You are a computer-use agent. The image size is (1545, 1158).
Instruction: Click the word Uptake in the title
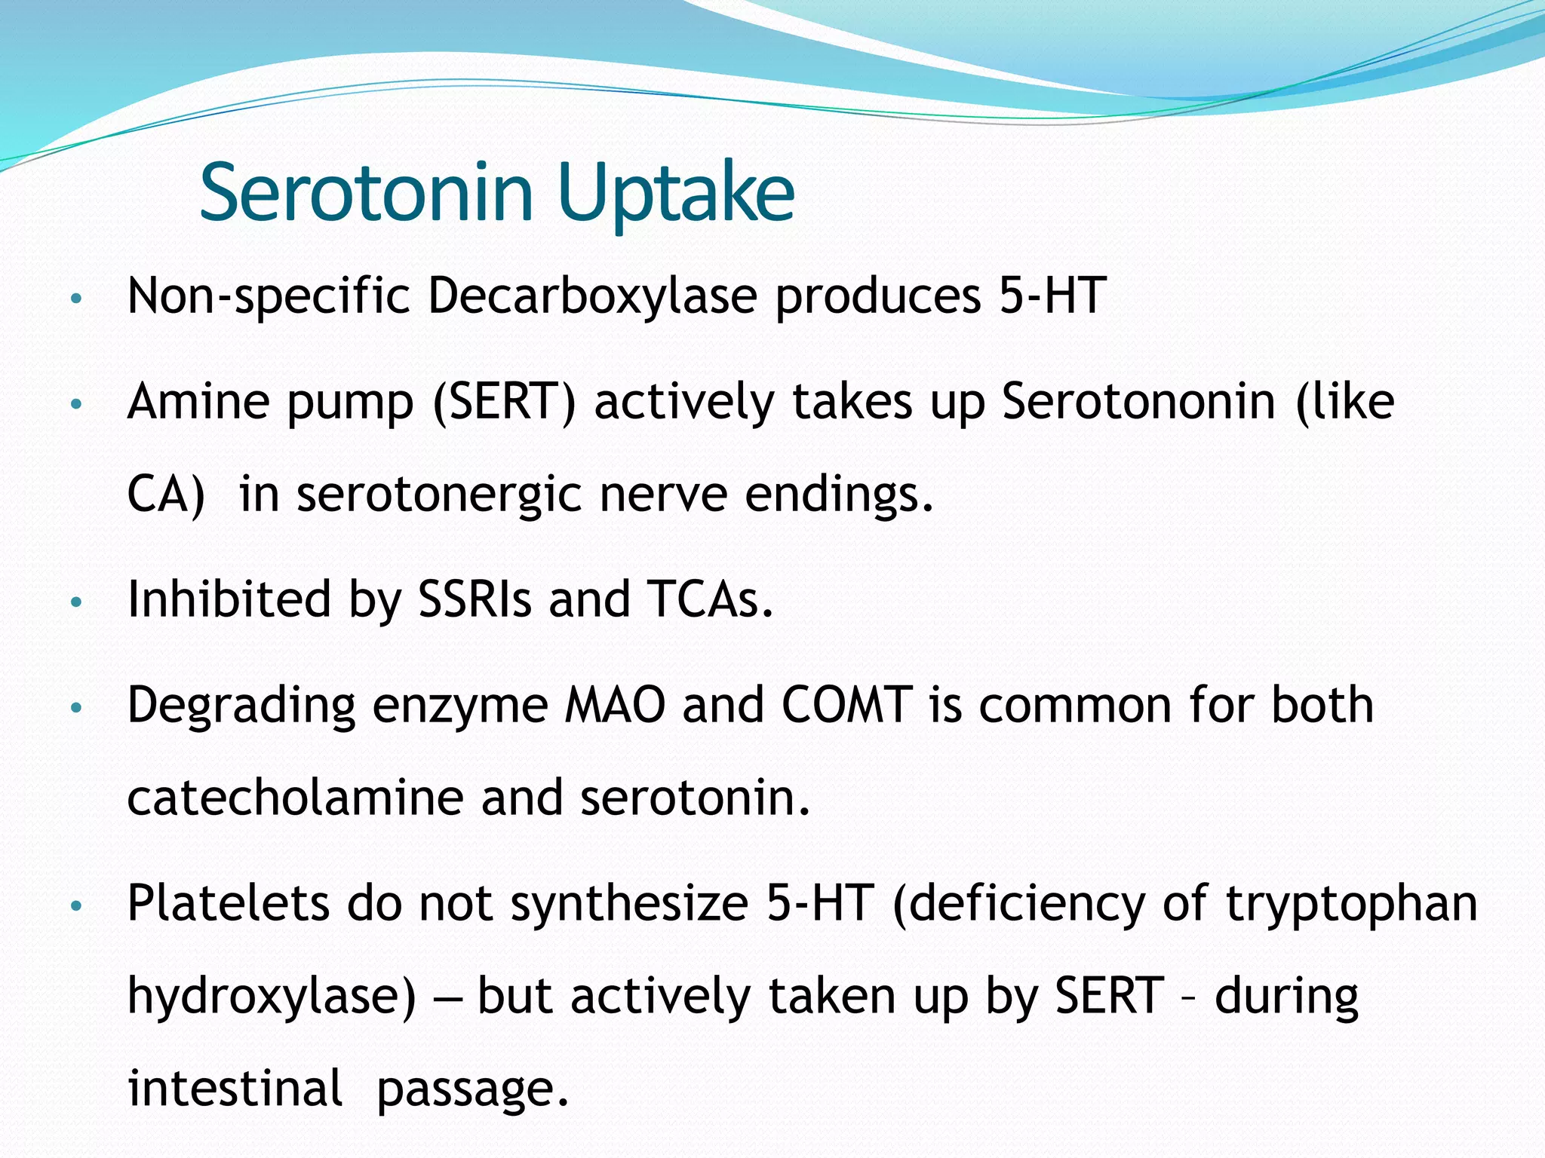coord(677,194)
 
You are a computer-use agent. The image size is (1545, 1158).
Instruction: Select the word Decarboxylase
coord(592,296)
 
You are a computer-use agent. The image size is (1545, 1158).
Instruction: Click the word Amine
coord(198,401)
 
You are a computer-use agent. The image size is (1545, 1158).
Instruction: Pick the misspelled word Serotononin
coord(1138,401)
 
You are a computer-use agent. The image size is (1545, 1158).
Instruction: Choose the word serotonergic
coord(439,495)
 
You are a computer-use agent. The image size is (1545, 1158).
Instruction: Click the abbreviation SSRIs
coord(475,599)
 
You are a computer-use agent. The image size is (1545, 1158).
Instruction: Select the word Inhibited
coord(229,599)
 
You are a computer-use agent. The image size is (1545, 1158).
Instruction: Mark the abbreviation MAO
coord(615,706)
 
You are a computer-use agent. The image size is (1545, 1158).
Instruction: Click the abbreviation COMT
coord(846,706)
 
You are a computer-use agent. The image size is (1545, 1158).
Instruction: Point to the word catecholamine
coord(295,798)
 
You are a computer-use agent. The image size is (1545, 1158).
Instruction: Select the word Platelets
coord(228,903)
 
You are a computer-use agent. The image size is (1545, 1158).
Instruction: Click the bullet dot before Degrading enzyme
coord(75,708)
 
